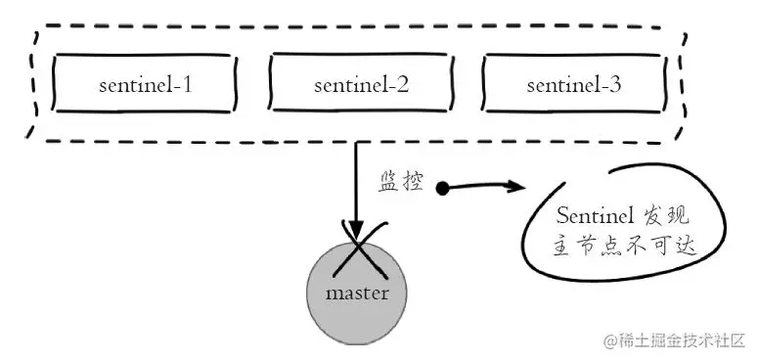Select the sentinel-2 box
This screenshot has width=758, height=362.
click(361, 85)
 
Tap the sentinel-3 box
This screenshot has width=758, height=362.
click(574, 85)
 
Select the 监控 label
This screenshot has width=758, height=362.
click(400, 183)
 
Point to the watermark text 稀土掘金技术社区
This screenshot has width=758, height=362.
click(683, 340)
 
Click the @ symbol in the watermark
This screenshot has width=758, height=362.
click(609, 341)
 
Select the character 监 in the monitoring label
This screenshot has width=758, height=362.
click(388, 183)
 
